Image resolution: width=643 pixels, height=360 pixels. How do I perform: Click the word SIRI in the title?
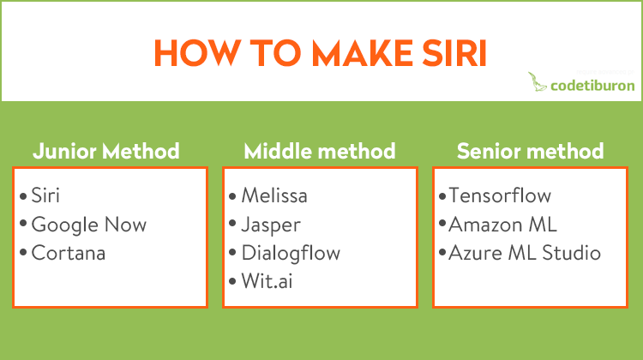coord(454,53)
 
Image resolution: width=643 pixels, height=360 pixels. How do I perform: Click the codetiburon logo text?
coord(592,85)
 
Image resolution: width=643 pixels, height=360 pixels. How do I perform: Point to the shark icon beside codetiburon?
coord(537,81)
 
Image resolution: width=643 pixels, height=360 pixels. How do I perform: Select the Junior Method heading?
coord(106,151)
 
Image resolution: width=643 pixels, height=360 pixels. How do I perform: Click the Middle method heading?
coord(320,151)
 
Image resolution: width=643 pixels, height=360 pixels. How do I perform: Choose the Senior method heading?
coord(530,151)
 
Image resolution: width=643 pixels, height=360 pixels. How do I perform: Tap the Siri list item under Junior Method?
coord(45,195)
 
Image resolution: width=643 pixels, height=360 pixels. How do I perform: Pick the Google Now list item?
coord(89,225)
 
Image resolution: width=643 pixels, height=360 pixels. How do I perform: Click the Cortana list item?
coord(69,253)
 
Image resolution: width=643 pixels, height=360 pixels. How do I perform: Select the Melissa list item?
coord(274,195)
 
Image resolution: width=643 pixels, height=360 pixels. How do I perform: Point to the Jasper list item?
coord(271,225)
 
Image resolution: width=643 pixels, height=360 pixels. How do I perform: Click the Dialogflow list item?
coord(291,253)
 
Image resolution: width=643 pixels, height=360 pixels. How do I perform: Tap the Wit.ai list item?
coord(267,281)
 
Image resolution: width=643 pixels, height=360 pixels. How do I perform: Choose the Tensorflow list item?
coord(500,195)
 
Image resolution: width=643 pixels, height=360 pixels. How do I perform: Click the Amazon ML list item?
coord(502,225)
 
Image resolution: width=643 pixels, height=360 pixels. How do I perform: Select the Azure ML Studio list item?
coord(525,253)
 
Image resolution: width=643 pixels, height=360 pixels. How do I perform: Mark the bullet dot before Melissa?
coord(232,196)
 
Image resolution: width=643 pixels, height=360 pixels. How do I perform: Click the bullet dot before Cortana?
coord(23,252)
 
